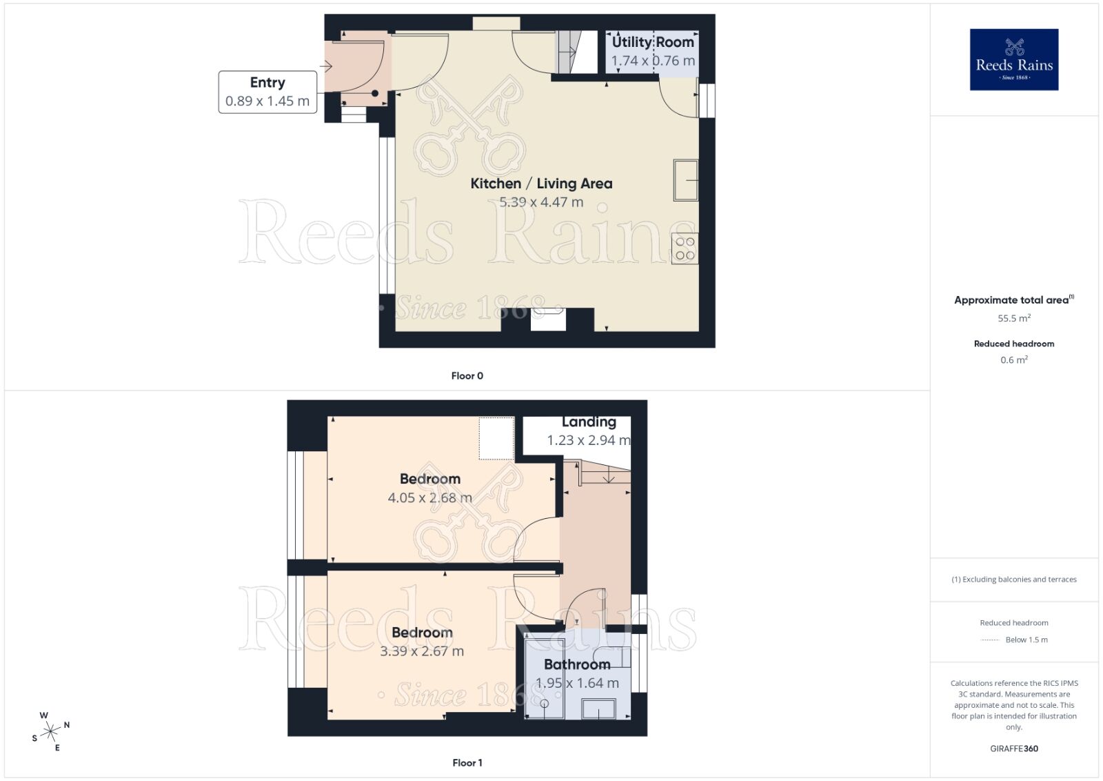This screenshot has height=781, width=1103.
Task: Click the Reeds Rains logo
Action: click(x=1013, y=59)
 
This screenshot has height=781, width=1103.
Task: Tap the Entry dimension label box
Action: click(x=267, y=92)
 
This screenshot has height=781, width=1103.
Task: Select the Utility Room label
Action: click(x=653, y=42)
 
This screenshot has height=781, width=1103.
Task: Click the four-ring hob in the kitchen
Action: click(x=685, y=248)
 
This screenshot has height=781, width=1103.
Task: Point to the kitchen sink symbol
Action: click(x=687, y=180)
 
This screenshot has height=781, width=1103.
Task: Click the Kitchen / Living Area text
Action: click(x=541, y=184)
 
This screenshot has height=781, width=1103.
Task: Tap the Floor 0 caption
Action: click(x=467, y=376)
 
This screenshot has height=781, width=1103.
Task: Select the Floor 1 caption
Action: click(x=467, y=762)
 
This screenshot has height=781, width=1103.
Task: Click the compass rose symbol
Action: click(x=50, y=731)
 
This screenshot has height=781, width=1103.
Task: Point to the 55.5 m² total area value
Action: click(x=1013, y=318)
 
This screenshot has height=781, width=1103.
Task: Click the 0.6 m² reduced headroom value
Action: click(x=1013, y=359)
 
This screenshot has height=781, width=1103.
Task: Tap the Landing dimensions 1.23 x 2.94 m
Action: click(x=588, y=440)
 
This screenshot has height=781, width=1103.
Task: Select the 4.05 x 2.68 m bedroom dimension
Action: click(x=429, y=497)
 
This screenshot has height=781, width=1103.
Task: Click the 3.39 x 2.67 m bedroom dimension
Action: click(x=422, y=651)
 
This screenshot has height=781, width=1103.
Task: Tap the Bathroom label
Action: click(x=577, y=664)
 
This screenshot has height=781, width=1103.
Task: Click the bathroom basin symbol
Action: click(x=598, y=709)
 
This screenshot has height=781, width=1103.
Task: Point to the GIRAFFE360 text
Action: click(x=1013, y=749)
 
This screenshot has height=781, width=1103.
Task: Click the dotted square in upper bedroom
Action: click(x=496, y=438)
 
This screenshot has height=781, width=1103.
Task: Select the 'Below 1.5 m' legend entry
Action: click(x=1026, y=640)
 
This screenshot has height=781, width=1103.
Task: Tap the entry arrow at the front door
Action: click(x=326, y=66)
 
